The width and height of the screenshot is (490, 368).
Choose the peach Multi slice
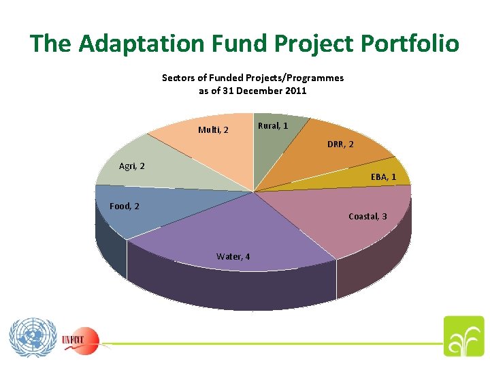click(x=204, y=147)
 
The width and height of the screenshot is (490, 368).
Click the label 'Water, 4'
click(x=233, y=256)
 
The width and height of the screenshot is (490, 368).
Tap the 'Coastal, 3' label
click(x=367, y=216)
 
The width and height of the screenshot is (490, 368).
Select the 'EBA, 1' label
click(x=383, y=177)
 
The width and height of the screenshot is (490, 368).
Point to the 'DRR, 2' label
click(x=340, y=144)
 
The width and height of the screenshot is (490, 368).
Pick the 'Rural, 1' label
click(x=273, y=126)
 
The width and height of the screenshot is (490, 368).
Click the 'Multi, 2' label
click(x=213, y=129)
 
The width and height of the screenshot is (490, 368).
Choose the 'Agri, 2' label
click(x=131, y=166)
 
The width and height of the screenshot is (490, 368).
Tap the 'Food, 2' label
click(x=125, y=206)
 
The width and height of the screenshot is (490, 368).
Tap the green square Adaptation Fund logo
click(x=464, y=337)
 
